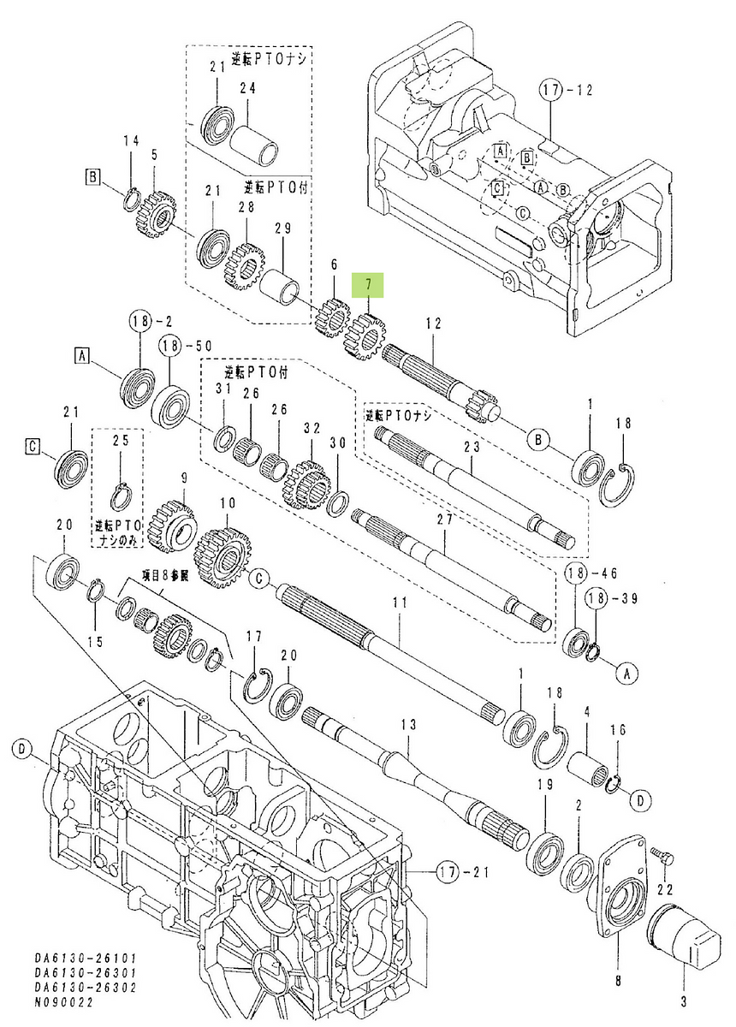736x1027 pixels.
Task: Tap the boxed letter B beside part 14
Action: (x=92, y=178)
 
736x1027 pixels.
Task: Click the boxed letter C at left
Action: (x=32, y=445)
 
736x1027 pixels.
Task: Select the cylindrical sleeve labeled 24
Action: (x=260, y=134)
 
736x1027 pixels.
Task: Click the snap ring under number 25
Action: (x=122, y=496)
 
